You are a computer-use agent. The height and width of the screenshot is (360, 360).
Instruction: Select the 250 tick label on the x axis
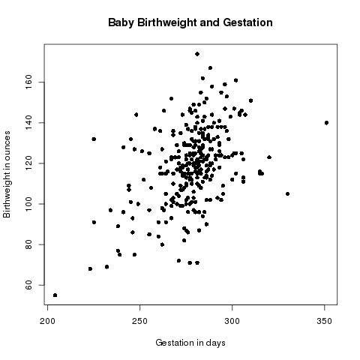pos(140,321)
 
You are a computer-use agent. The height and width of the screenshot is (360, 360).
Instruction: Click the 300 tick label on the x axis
pos(232,321)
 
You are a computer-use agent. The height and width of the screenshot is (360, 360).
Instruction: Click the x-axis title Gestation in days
pos(190,343)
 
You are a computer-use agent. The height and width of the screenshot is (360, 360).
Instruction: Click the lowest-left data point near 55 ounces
pos(55,295)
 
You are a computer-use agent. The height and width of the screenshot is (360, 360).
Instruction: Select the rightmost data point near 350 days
pos(327,122)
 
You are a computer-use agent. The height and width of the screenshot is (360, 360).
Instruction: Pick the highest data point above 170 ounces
pos(197,54)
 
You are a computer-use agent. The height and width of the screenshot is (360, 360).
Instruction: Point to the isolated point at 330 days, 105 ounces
pos(287,193)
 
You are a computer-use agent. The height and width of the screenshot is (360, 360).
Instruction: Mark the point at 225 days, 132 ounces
pos(94,139)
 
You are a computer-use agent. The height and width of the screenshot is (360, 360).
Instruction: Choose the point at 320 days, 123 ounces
pos(269,157)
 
